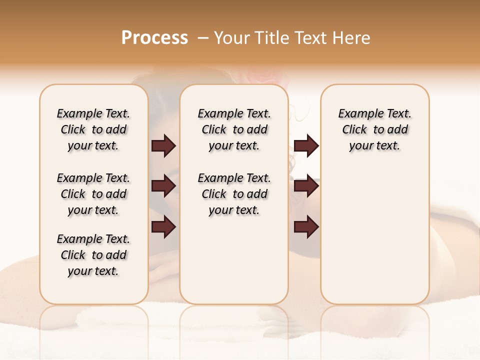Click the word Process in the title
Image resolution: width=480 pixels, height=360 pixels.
coord(154,37)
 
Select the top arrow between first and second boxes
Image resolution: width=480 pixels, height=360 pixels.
coord(163,146)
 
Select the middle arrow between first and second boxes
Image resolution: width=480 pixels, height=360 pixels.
coord(163,186)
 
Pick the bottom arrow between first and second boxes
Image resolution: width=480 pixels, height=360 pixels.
coord(163,227)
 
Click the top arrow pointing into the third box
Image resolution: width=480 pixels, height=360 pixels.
coord(306,146)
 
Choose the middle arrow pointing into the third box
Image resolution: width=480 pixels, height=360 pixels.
coord(306,186)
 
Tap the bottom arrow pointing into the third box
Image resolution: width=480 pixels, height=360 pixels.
coord(306,227)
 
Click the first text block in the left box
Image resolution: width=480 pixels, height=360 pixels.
coord(93,129)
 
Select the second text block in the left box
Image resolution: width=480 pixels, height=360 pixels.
coord(93,194)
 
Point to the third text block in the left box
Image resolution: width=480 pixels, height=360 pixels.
coord(93,255)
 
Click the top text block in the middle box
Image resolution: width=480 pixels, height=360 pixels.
coord(234,129)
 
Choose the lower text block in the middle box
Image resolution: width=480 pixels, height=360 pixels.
coord(234,194)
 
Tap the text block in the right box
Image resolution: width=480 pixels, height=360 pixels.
coord(374,129)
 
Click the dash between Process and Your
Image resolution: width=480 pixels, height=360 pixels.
coord(203,38)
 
